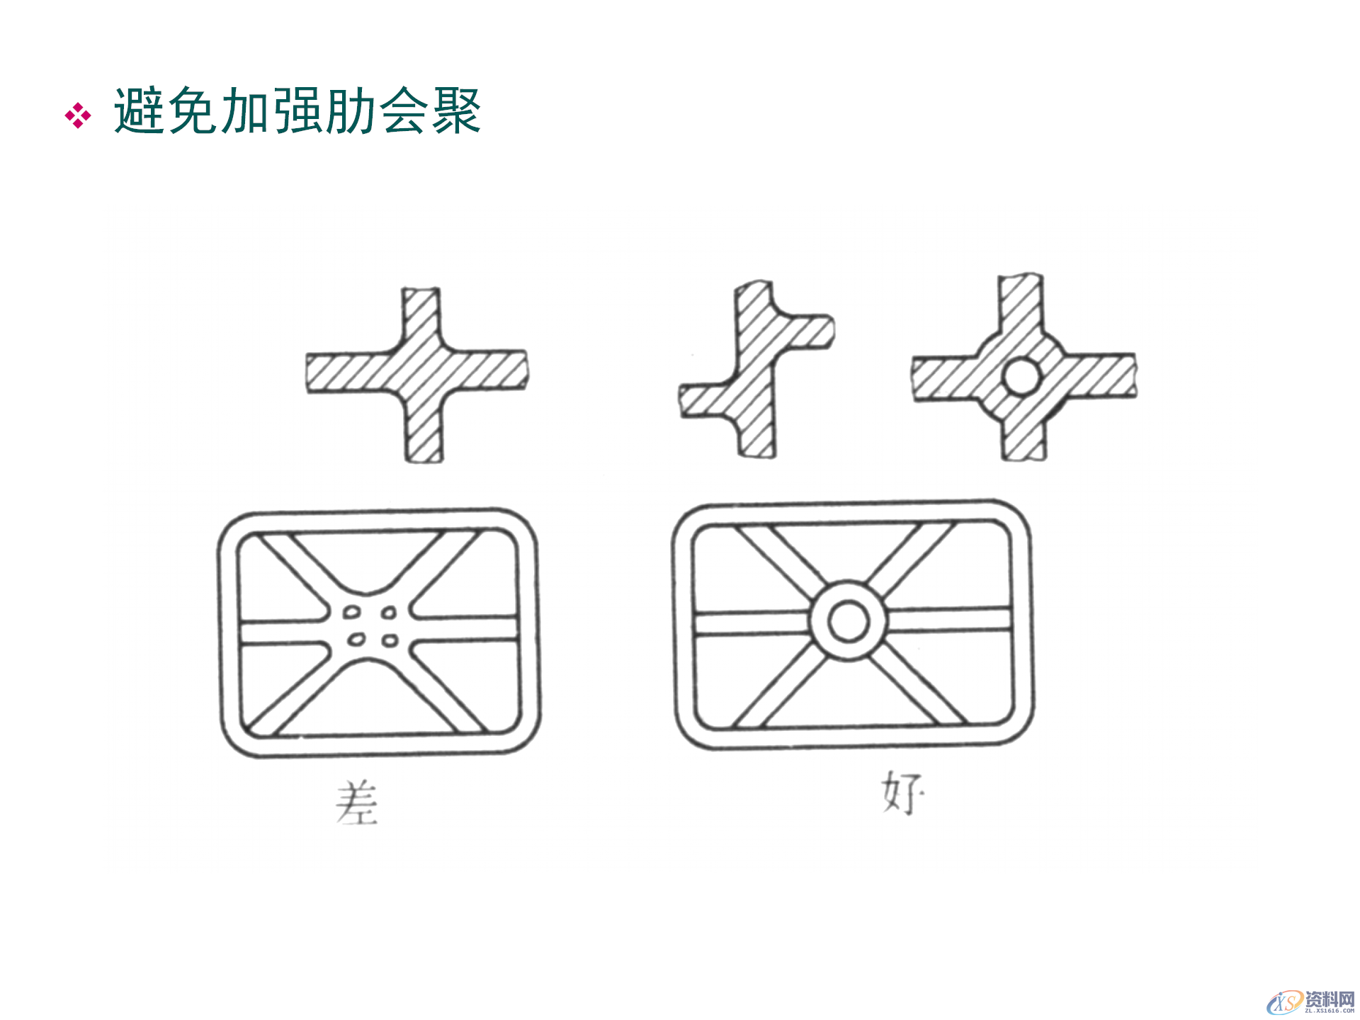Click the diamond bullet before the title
pos(78,115)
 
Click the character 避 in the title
pos(140,111)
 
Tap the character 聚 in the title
pos(458,111)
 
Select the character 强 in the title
pos(298,111)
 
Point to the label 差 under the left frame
pos(356,803)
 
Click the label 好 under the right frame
pos(901,793)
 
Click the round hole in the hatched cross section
pos(1021,376)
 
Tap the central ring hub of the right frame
pos(848,622)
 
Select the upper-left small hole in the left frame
pos(352,612)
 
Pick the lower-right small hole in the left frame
pos(390,641)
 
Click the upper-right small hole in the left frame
pos(389,612)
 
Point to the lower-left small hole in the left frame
pos(356,640)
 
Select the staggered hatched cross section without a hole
pos(756,368)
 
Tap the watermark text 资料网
pos(1330,999)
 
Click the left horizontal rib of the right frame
pos(751,623)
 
